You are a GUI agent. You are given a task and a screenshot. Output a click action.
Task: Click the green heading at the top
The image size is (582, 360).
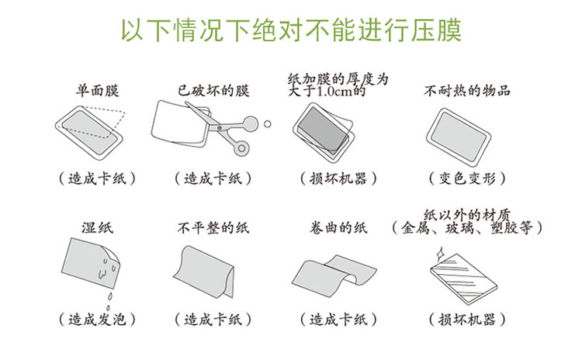(x=291, y=29)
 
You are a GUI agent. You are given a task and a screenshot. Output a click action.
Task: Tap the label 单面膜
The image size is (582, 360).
(x=97, y=91)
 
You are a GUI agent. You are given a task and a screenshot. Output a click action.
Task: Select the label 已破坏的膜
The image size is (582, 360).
(x=213, y=91)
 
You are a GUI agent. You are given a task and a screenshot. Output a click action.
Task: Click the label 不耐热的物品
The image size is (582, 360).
(x=467, y=91)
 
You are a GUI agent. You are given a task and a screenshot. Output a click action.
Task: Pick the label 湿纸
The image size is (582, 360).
(x=97, y=227)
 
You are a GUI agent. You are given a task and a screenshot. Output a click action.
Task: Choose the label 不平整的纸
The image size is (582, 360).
(x=213, y=227)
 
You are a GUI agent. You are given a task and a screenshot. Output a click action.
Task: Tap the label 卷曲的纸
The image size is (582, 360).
(x=338, y=227)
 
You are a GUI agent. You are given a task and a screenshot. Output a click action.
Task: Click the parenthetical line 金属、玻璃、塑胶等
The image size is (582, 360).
(x=467, y=227)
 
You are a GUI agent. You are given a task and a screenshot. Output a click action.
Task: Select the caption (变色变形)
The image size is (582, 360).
(x=467, y=178)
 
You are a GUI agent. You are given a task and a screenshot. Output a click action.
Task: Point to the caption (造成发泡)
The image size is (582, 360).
(x=97, y=319)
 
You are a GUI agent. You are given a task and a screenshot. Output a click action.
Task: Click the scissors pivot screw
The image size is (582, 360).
(x=220, y=128)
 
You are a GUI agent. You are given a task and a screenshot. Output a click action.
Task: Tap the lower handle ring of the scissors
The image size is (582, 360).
(x=242, y=148)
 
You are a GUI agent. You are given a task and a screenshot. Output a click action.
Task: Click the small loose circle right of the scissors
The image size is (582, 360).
(x=267, y=124)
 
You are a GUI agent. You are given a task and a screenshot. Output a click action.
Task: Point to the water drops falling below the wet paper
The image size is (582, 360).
(x=109, y=300)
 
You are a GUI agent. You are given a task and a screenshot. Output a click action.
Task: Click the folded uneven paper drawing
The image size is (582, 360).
(x=205, y=271)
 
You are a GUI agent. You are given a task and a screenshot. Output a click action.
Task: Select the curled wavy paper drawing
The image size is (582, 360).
(x=334, y=275)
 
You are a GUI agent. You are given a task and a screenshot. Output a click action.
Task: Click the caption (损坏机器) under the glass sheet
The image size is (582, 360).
(x=467, y=319)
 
